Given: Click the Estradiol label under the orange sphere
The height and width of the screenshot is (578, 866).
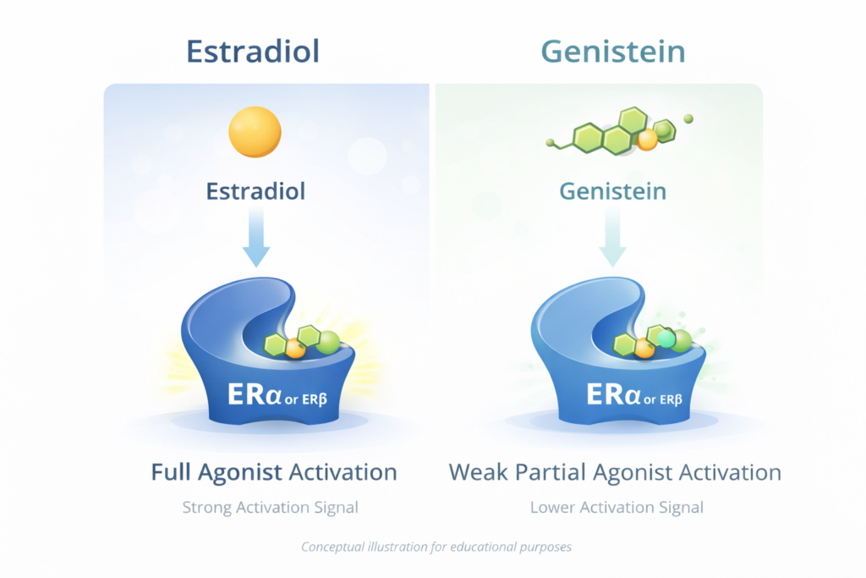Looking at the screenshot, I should (x=255, y=190).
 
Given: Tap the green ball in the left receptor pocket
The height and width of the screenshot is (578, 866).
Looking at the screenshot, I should (x=328, y=342).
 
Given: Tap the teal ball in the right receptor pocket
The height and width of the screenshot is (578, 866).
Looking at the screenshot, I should (x=666, y=339).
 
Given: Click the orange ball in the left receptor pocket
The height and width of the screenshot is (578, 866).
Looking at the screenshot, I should (x=295, y=347).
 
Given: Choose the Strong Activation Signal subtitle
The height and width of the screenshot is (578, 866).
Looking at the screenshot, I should (x=271, y=508).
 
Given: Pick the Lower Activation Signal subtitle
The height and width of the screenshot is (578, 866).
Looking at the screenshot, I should (x=617, y=508).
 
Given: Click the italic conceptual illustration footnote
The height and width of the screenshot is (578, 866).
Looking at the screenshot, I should (x=436, y=547).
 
